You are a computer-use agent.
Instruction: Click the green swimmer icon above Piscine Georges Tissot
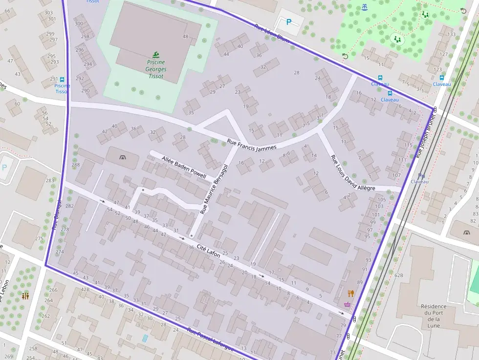pyautogui.click(x=155, y=54)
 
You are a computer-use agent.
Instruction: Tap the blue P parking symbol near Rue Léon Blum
pyautogui.click(x=288, y=22)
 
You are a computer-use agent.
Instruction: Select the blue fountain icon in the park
pyautogui.click(x=364, y=7)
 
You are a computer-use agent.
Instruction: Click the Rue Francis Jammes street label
pyautogui.click(x=252, y=145)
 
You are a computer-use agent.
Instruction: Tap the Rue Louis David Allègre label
pyautogui.click(x=352, y=173)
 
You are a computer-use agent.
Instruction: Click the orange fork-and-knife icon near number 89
pyautogui.click(x=350, y=293)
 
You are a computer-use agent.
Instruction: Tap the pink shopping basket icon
pyautogui.click(x=347, y=304)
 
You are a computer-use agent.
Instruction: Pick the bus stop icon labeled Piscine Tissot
pyautogui.click(x=62, y=79)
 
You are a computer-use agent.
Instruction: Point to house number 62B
pyautogui.click(x=399, y=276)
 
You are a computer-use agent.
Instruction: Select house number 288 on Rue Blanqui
pyautogui.click(x=75, y=165)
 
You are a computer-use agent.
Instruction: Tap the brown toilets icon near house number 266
pyautogui.click(x=25, y=296)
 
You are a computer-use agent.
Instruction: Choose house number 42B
pyautogui.click(x=86, y=289)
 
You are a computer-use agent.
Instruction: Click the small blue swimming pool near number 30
pyautogui.click(x=145, y=338)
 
